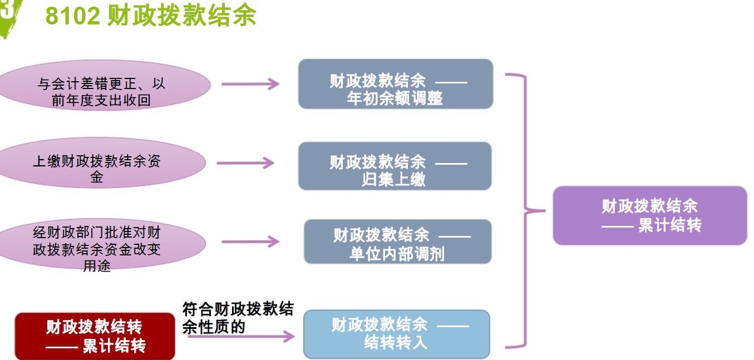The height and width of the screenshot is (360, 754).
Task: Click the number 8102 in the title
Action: point(73,17)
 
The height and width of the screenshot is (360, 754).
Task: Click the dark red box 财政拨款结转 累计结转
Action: point(95,336)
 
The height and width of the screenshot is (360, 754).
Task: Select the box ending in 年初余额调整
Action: point(395,84)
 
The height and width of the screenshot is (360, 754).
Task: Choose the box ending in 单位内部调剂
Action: point(397,241)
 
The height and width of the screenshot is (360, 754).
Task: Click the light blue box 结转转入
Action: point(396,334)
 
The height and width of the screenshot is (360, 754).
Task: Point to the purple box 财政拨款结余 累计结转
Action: point(649,215)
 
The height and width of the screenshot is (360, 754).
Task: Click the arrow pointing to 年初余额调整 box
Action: point(250,84)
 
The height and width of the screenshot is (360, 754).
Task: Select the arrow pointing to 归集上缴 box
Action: point(245,163)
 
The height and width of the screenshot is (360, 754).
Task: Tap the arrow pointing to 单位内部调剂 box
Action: point(250,241)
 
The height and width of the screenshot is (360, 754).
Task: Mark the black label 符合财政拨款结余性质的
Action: point(238,318)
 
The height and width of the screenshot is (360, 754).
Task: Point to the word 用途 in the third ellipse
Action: point(97,266)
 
